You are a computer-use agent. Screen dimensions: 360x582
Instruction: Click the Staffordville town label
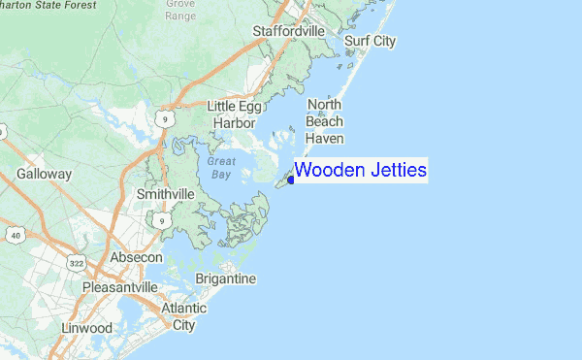tap(288, 32)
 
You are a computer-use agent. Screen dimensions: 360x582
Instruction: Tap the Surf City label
tap(371, 41)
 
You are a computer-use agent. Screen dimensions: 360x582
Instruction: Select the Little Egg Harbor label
tap(234, 115)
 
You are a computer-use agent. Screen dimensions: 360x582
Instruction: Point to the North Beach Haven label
tap(325, 121)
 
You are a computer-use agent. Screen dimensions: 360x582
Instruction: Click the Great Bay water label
tap(221, 167)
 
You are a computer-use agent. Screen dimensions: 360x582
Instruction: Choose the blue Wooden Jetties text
tap(361, 171)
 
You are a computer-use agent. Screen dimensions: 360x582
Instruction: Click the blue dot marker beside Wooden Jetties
tap(291, 180)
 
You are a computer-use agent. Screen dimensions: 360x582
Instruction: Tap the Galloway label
tap(44, 175)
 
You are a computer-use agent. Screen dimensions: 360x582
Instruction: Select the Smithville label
tap(165, 194)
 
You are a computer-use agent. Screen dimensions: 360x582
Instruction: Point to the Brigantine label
tap(225, 279)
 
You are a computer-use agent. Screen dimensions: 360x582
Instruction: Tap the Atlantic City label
tap(183, 316)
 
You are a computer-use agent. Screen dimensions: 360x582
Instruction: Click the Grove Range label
tap(179, 10)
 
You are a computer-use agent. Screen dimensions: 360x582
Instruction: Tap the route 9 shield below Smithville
tap(164, 222)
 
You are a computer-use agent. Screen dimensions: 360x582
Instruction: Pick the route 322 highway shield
tap(76, 263)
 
